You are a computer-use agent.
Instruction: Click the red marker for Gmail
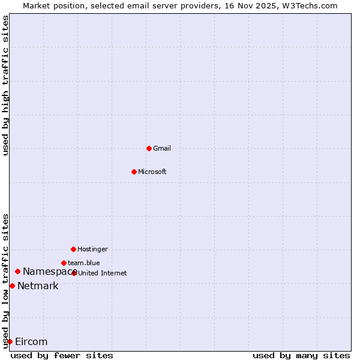149,148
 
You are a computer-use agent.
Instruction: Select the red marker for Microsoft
134,172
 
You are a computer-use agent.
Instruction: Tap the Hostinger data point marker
73,249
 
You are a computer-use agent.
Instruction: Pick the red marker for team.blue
64,263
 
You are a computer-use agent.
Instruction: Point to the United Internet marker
74,273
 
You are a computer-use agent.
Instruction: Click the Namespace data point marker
17,272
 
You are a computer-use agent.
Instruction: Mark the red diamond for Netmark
12,286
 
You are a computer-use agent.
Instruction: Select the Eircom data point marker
10,341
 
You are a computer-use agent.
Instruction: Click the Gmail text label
162,148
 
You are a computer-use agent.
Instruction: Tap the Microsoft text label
152,172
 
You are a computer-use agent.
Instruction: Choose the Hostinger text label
92,249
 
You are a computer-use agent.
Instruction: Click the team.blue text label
84,263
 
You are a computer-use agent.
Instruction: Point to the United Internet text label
103,273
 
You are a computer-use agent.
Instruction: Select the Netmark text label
38,286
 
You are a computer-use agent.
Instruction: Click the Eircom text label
31,342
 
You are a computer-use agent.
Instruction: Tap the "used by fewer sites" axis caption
62,355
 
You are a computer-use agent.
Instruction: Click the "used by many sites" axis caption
301,355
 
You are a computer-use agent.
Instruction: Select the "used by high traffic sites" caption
5,85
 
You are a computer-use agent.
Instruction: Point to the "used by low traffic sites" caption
5,281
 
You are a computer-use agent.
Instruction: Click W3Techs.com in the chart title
310,5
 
